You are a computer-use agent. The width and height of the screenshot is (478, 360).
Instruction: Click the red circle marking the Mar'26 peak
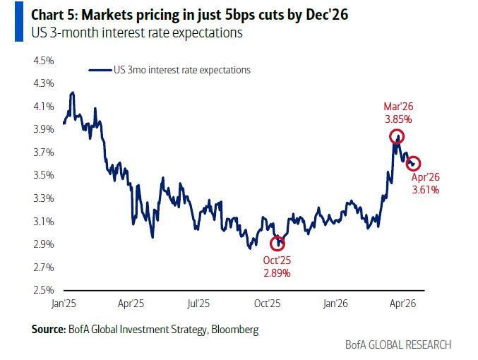pyautogui.click(x=398, y=138)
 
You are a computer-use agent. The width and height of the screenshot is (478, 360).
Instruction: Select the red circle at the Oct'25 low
pyautogui.click(x=280, y=243)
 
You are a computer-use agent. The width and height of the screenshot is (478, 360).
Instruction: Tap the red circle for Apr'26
pyautogui.click(x=414, y=164)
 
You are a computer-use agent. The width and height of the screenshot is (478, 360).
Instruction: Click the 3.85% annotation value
pyautogui.click(x=398, y=119)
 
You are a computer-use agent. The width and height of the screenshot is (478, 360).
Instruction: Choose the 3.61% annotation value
pyautogui.click(x=426, y=190)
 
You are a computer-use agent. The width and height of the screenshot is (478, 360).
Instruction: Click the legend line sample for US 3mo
pyautogui.click(x=100, y=70)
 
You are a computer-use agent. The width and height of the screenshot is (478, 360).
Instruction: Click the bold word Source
pyautogui.click(x=48, y=329)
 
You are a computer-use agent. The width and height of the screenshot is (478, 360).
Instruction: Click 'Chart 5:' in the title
pyautogui.click(x=40, y=13)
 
